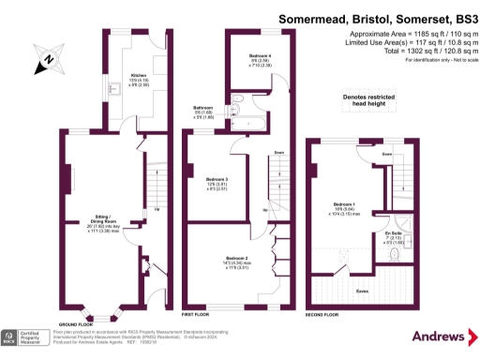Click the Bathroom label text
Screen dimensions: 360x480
[203, 108]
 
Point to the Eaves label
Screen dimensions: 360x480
[360, 291]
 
